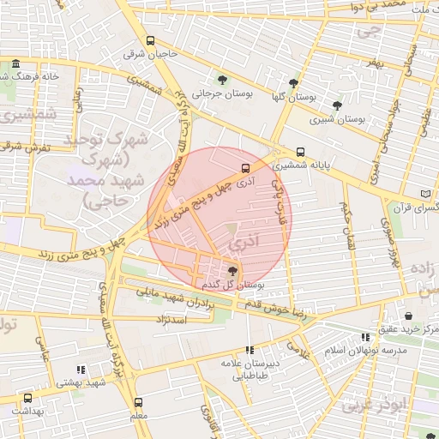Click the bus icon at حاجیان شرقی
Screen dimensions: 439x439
(151, 40)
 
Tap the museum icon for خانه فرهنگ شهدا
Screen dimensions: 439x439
(16, 64)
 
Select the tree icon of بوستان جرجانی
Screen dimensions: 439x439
(223, 81)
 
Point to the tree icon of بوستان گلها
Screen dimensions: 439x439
(294, 83)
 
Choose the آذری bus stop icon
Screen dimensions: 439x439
(246, 167)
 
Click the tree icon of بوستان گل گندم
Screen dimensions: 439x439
(234, 271)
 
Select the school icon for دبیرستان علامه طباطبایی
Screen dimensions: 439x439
(250, 350)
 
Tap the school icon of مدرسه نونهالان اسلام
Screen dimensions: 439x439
(366, 338)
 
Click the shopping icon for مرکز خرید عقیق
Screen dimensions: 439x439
(408, 316)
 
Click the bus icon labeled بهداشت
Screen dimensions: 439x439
(27, 399)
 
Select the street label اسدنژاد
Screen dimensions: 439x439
(193, 318)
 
